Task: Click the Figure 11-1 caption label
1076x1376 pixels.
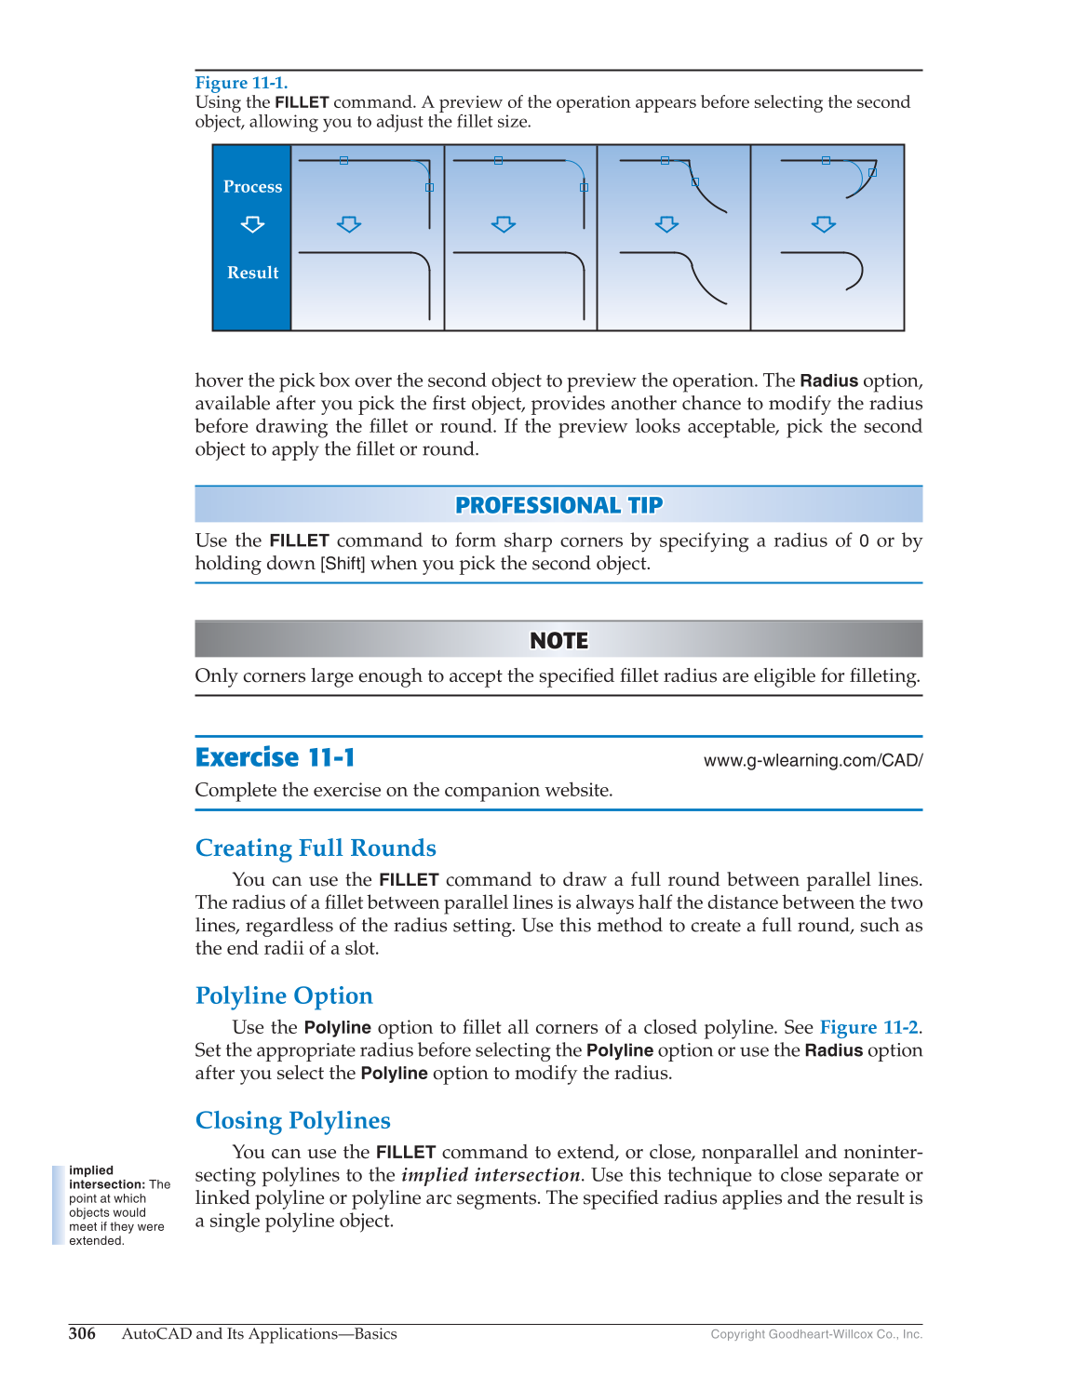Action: click(x=241, y=83)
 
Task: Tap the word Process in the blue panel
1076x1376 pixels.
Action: click(x=252, y=187)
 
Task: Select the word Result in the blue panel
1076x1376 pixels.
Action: click(x=252, y=273)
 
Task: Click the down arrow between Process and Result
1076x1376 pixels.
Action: click(x=252, y=225)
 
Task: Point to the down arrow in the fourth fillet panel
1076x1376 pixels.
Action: click(x=823, y=224)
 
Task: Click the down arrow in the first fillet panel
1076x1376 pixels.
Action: click(x=349, y=224)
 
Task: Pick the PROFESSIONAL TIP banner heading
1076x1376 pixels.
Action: click(x=558, y=505)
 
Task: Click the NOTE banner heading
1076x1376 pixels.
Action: click(x=558, y=641)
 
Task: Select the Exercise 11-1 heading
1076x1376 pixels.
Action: click(x=276, y=757)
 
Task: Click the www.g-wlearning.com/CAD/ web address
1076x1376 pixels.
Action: click(x=813, y=760)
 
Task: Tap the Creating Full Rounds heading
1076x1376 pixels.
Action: click(x=316, y=848)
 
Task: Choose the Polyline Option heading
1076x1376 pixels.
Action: click(x=284, y=995)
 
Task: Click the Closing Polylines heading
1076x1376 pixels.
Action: click(x=292, y=1120)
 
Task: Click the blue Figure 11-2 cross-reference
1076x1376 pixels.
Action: click(x=868, y=1027)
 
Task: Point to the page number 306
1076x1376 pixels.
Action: click(x=82, y=1333)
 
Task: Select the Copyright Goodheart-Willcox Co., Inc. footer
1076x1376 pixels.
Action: click(x=816, y=1334)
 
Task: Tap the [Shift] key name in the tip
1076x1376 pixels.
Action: click(x=343, y=564)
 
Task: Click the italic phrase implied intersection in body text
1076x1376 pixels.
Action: click(x=491, y=1175)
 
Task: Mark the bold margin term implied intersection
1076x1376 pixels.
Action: click(x=104, y=1178)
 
